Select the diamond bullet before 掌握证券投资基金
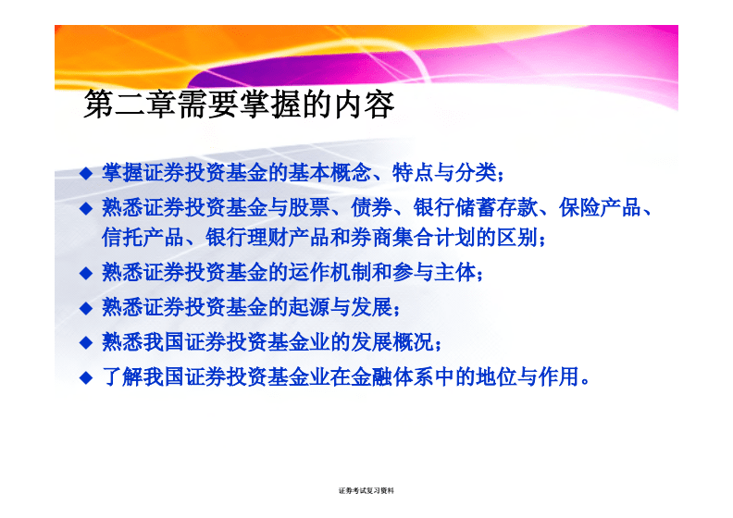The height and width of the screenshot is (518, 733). (86, 173)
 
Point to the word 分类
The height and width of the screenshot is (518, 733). (476, 173)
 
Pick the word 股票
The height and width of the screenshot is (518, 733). (309, 207)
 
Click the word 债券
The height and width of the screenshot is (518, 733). (371, 207)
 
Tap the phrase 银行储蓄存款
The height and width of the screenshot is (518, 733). (476, 207)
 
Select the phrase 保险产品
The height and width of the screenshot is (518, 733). (600, 207)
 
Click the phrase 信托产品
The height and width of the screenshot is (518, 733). (143, 238)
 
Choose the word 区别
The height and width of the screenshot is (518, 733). (516, 238)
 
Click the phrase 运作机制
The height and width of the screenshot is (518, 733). (329, 272)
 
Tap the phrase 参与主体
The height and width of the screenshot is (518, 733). (433, 272)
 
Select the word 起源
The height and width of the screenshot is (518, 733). (309, 307)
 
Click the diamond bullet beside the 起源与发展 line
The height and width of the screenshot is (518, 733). (86, 308)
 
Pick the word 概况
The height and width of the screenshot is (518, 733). (413, 341)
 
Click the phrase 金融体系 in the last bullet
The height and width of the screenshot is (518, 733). (392, 376)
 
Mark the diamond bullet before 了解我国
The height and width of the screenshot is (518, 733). (86, 377)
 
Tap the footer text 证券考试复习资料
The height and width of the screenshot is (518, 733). (366, 490)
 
